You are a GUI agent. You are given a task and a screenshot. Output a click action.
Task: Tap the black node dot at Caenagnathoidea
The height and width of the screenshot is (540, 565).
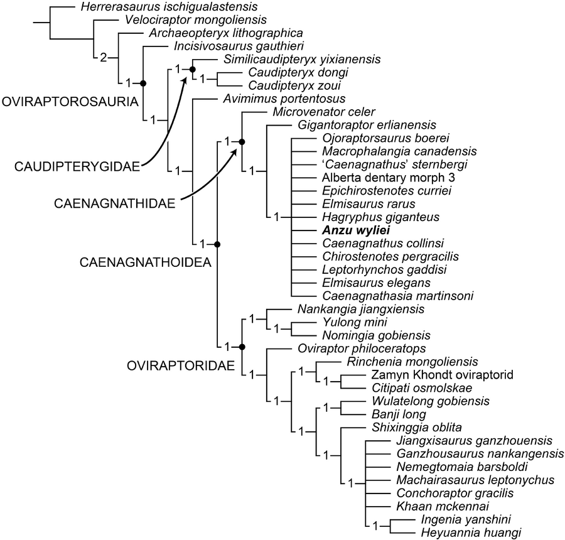217,244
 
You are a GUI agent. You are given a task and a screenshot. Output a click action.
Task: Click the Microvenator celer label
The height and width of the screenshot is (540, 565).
315,112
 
